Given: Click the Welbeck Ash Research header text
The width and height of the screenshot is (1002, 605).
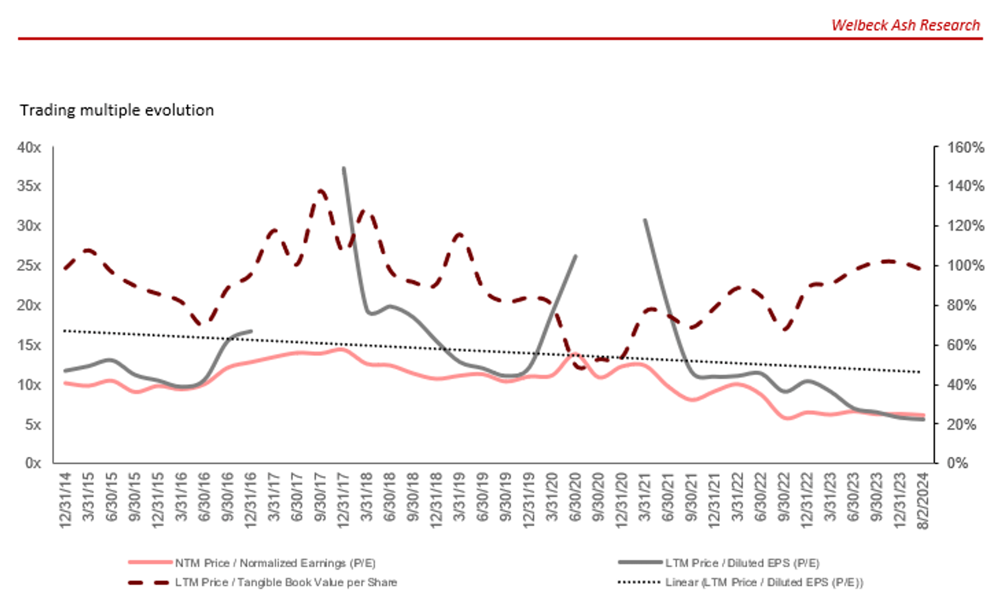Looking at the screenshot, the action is [905, 25].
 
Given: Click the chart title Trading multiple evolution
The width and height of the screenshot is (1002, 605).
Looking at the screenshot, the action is [117, 110].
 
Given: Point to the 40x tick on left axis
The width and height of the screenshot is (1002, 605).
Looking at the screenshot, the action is [29, 148].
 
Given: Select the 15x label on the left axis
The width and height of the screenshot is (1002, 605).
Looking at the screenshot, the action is [29, 345].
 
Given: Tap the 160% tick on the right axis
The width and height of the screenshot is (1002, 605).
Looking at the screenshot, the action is [965, 148].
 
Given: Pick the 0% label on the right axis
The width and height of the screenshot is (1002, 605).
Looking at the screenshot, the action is [957, 463].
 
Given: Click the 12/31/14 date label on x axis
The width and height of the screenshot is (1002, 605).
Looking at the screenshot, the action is [66, 499].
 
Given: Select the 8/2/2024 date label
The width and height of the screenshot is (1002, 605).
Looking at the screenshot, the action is [923, 500].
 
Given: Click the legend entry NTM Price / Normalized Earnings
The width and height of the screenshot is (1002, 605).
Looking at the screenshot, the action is [275, 563].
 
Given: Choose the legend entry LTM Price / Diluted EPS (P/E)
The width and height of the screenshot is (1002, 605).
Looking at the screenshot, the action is [741, 563].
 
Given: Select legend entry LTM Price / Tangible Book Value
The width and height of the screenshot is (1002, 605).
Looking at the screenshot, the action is [286, 582].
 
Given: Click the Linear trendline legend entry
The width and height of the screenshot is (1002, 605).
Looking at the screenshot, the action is [764, 582].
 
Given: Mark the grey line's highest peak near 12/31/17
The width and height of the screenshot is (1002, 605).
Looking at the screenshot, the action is [344, 169].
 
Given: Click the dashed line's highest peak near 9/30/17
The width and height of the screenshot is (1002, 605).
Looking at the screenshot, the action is [321, 191].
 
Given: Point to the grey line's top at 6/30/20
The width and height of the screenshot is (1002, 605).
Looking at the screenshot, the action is [576, 256].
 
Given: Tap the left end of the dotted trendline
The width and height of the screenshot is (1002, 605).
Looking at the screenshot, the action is [65, 331].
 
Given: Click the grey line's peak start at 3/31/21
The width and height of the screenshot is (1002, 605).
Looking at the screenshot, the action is [645, 220].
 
